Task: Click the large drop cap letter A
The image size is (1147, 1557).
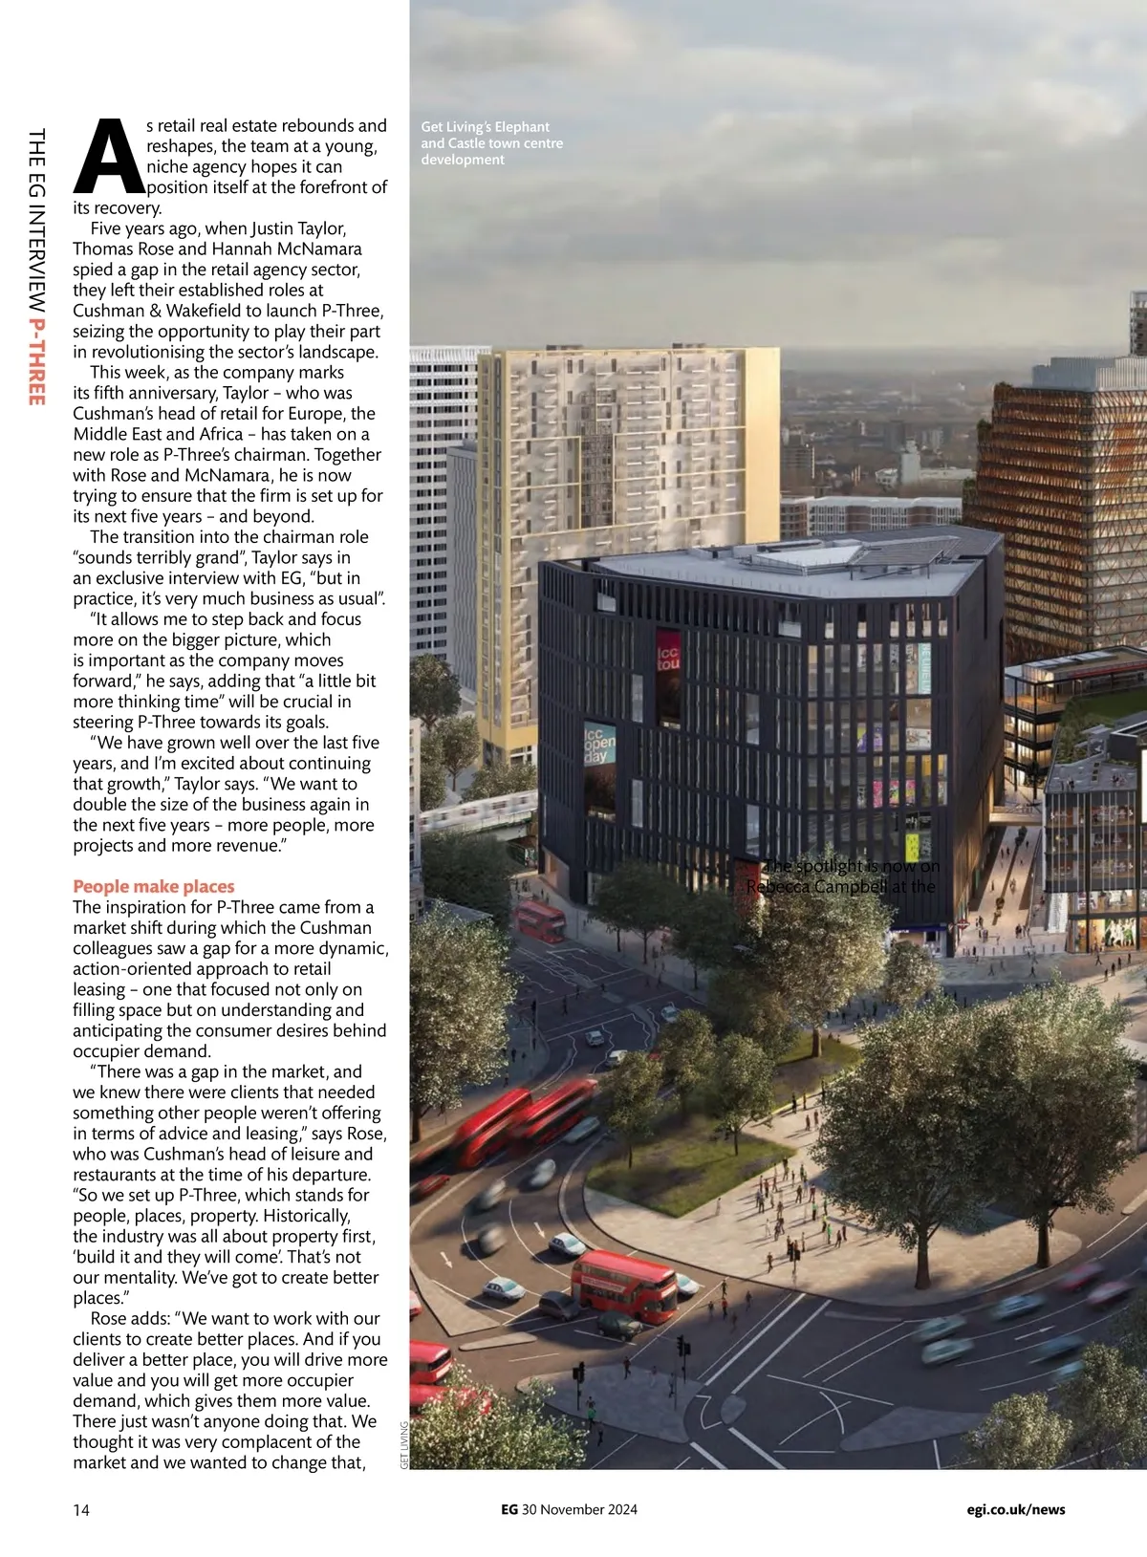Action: [108, 156]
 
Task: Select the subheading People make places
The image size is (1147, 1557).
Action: [153, 886]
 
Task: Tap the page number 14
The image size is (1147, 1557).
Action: [81, 1510]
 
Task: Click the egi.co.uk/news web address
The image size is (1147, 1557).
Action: [1015, 1510]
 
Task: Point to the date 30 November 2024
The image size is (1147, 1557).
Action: [579, 1510]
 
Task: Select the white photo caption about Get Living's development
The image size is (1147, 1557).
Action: [491, 143]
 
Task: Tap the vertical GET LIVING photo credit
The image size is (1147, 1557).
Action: [404, 1445]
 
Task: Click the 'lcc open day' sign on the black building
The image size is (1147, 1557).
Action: [599, 743]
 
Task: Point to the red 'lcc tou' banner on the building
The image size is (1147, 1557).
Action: [667, 660]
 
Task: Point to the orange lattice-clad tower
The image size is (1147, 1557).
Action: [1051, 497]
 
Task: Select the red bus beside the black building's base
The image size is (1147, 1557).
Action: [541, 919]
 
